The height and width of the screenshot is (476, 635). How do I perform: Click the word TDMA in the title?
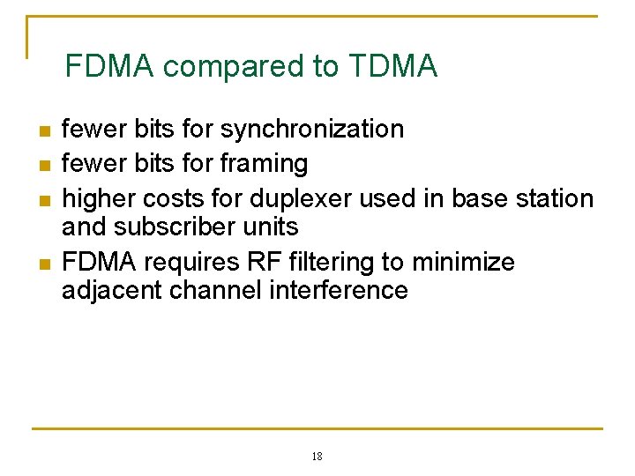392,66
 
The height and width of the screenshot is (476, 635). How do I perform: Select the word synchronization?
311,130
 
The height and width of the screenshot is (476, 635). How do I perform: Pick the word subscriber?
181,227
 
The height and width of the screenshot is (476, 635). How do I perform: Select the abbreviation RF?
253,263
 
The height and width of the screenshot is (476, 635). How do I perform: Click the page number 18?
317,457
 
